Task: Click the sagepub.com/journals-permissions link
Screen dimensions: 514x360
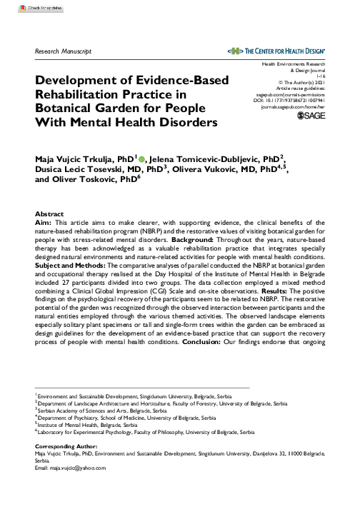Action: (x=292, y=93)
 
